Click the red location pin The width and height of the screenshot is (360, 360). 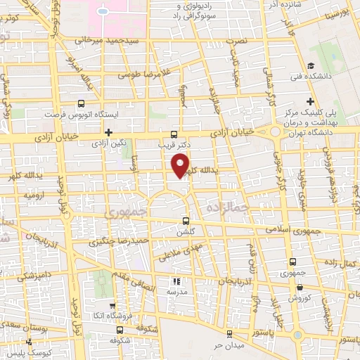point(181,165)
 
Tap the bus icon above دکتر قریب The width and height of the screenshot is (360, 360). point(174,134)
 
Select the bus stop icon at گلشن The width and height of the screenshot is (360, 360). point(186,218)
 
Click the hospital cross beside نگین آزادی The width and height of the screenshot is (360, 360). point(108,132)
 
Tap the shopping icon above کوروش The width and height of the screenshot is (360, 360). point(300,287)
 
